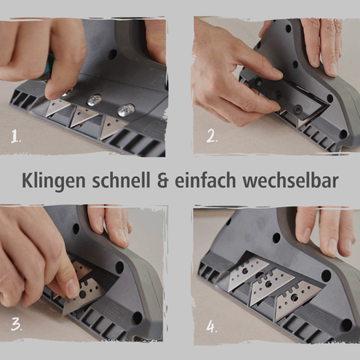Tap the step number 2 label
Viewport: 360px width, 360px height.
tap(210, 136)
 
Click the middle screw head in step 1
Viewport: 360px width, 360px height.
tap(94, 100)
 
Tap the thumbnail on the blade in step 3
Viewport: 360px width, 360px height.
tap(70, 285)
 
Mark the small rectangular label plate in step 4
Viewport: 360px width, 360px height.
tap(315, 275)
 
